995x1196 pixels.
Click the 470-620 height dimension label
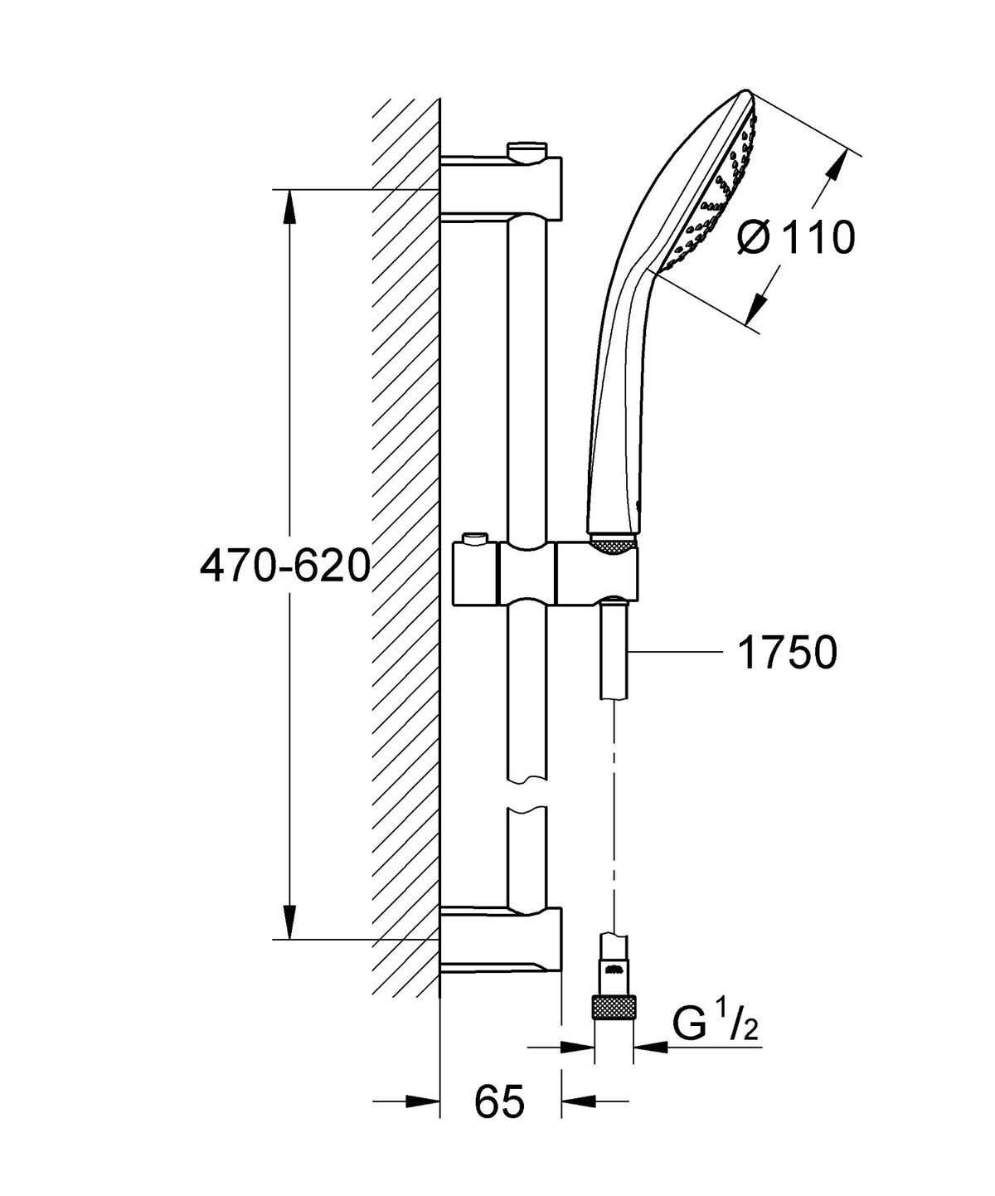[284, 566]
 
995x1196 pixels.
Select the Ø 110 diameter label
[794, 239]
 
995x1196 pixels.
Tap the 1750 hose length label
[786, 653]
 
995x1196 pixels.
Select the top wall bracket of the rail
[501, 188]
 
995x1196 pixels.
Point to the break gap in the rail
[527, 795]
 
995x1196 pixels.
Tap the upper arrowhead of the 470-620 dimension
[289, 207]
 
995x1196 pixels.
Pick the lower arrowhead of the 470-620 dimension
[289, 921]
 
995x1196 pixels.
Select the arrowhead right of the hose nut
[650, 1048]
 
